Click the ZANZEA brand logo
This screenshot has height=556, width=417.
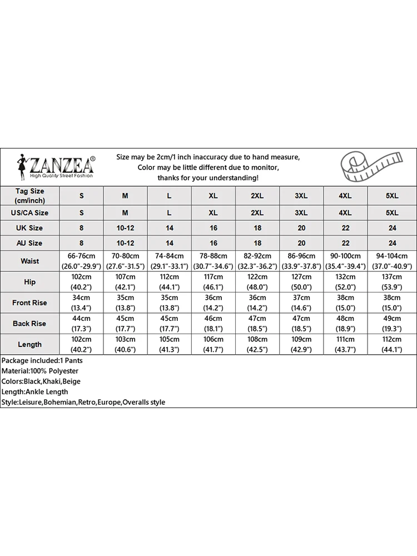point(56,166)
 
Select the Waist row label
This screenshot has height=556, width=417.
point(29,261)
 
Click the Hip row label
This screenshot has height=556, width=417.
point(29,282)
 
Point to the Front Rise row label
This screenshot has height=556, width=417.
point(29,303)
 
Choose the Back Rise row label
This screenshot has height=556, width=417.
point(29,324)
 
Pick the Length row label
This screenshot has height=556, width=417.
point(29,345)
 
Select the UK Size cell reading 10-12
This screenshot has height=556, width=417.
point(125,228)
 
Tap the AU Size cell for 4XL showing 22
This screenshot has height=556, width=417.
point(345,243)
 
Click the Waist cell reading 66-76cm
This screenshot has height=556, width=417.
point(81,261)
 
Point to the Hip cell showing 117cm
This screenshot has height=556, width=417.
point(214,282)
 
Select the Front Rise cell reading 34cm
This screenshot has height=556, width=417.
point(81,303)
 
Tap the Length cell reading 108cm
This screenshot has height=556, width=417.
point(257,345)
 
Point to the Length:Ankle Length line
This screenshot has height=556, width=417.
point(35,392)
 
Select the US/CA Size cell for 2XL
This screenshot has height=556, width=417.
point(257,213)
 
